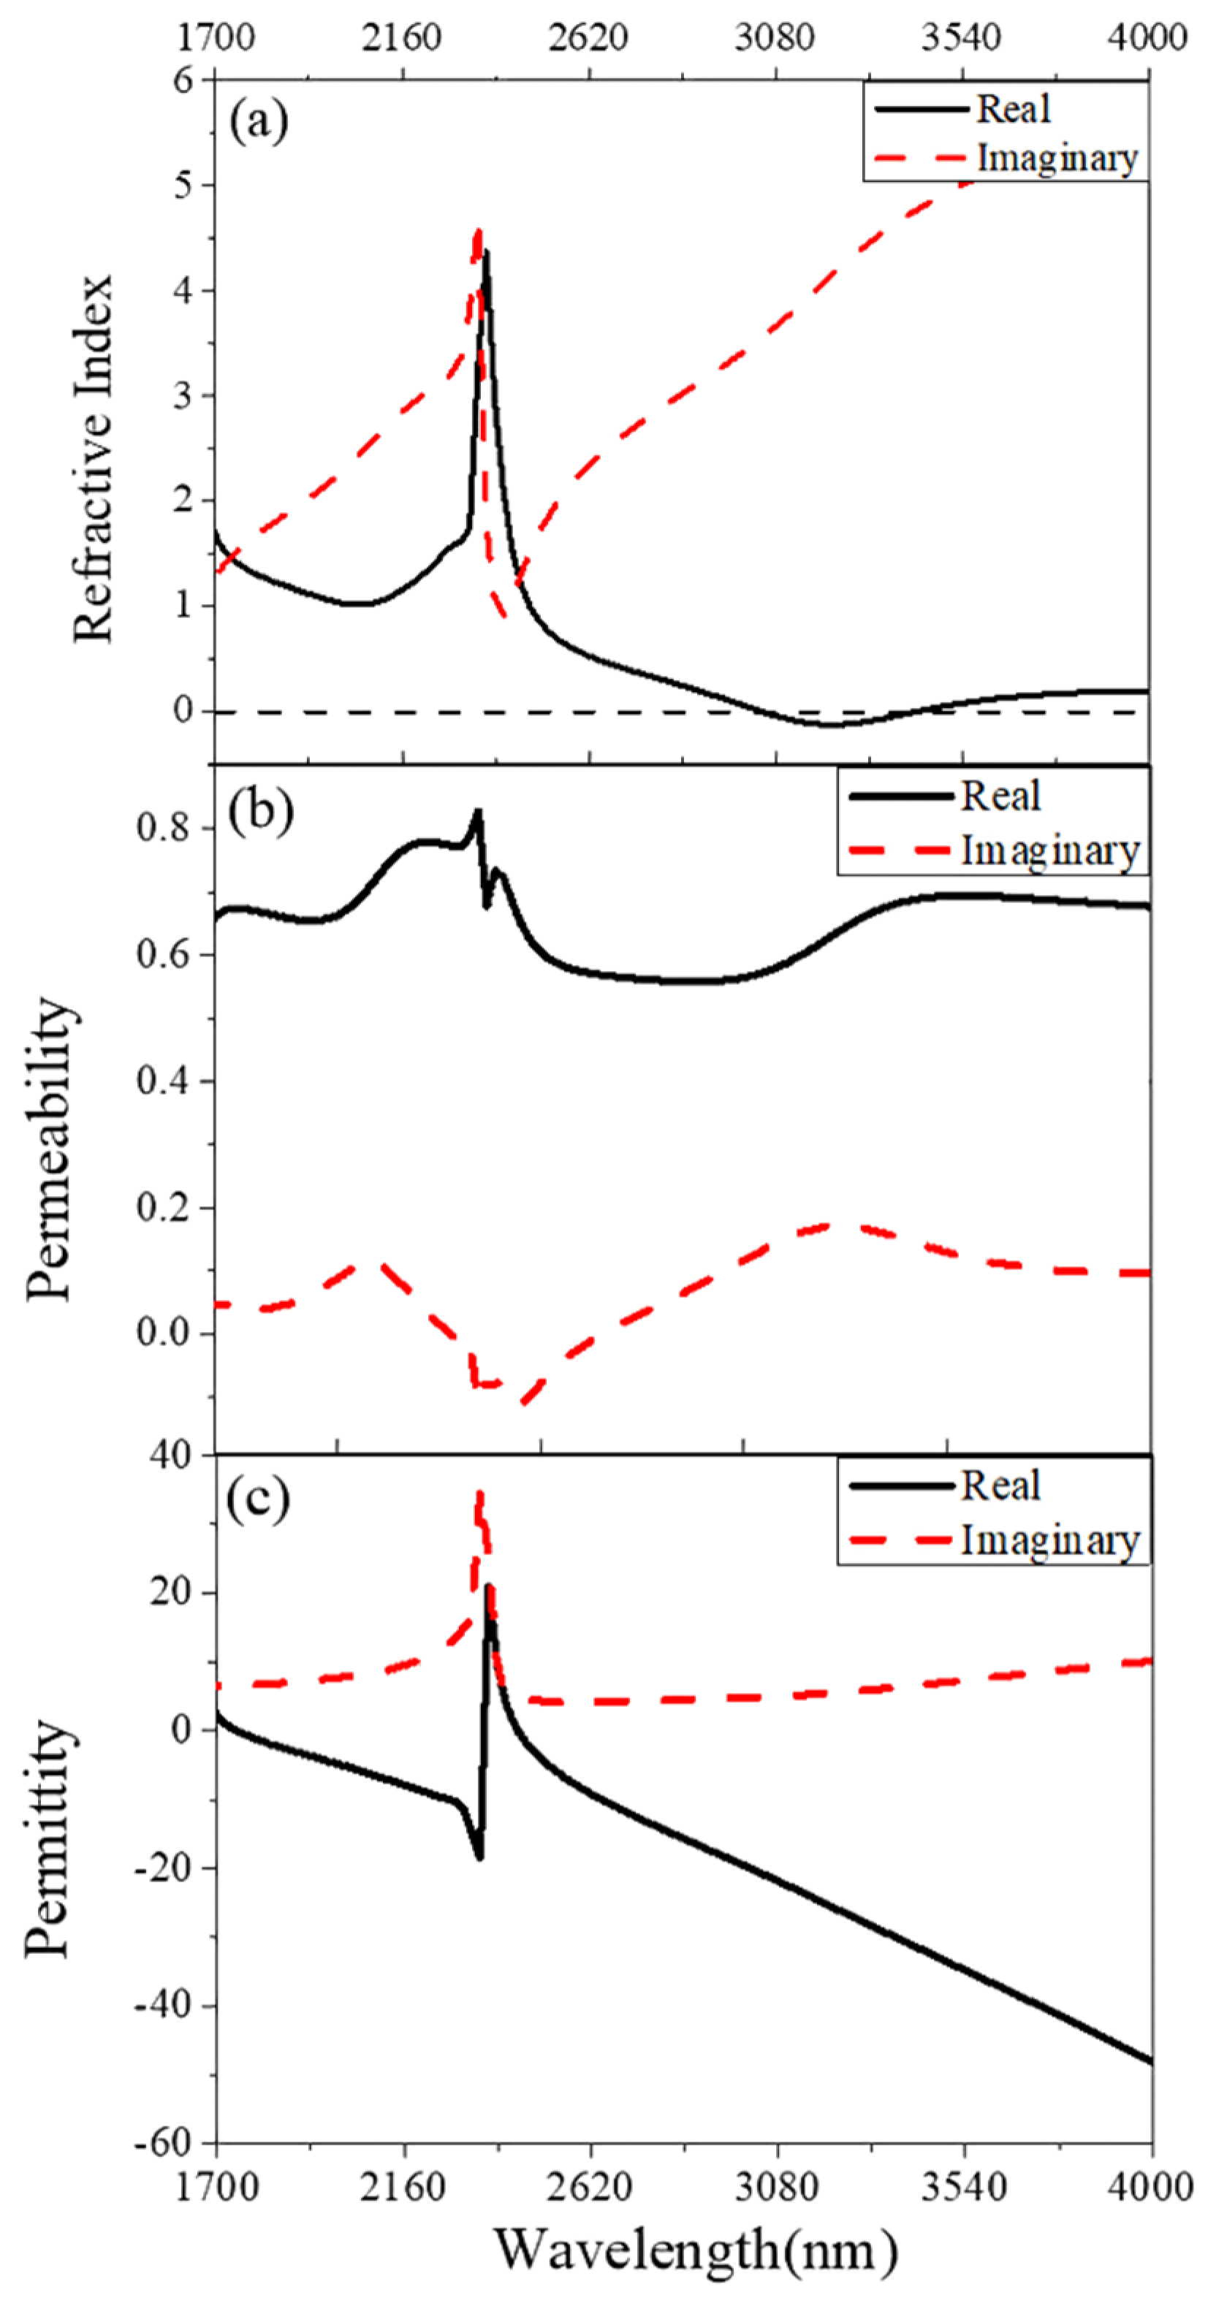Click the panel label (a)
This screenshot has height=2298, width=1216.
pos(259,122)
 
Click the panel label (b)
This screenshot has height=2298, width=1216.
pos(260,810)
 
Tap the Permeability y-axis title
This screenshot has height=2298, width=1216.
pos(48,1151)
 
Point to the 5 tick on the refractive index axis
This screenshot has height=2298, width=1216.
pos(183,186)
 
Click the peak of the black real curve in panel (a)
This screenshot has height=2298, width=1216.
pos(485,254)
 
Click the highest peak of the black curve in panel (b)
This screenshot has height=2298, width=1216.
pos(478,812)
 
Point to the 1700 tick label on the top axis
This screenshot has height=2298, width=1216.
pos(216,37)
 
